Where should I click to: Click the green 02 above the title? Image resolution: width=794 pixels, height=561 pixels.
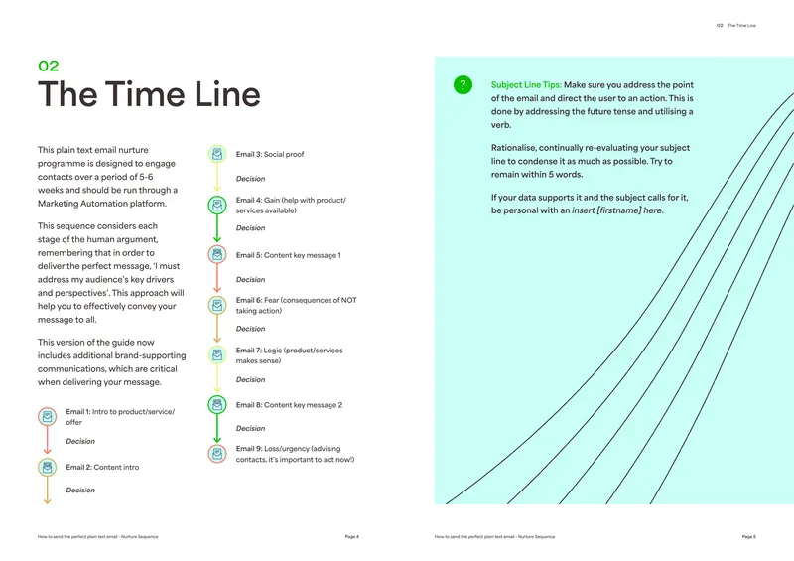click(49, 66)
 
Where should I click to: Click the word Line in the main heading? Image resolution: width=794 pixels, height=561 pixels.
click(227, 94)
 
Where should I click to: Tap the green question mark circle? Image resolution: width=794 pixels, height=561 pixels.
click(463, 84)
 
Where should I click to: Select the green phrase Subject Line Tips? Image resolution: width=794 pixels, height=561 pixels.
click(526, 85)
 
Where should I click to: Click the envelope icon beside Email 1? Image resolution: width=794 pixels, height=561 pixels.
click(47, 417)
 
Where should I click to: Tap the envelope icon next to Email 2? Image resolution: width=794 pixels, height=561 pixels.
click(47, 468)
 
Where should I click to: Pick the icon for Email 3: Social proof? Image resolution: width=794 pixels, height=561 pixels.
click(217, 154)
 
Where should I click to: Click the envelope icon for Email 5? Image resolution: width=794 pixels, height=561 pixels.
click(217, 254)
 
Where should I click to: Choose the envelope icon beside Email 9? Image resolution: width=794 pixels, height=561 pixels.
click(217, 454)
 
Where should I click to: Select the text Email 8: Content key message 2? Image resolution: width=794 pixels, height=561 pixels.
click(289, 405)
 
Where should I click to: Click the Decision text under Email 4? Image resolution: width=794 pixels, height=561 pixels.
click(251, 228)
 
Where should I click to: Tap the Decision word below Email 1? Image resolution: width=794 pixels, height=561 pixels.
click(80, 441)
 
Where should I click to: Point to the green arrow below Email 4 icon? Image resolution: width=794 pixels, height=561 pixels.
click(217, 228)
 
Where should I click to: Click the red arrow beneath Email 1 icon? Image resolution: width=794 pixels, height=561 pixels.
click(47, 440)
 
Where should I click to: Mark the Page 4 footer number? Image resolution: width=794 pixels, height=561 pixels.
click(352, 537)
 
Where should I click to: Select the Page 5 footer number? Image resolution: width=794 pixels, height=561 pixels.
click(749, 537)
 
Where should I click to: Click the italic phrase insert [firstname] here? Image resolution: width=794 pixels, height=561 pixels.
click(617, 210)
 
